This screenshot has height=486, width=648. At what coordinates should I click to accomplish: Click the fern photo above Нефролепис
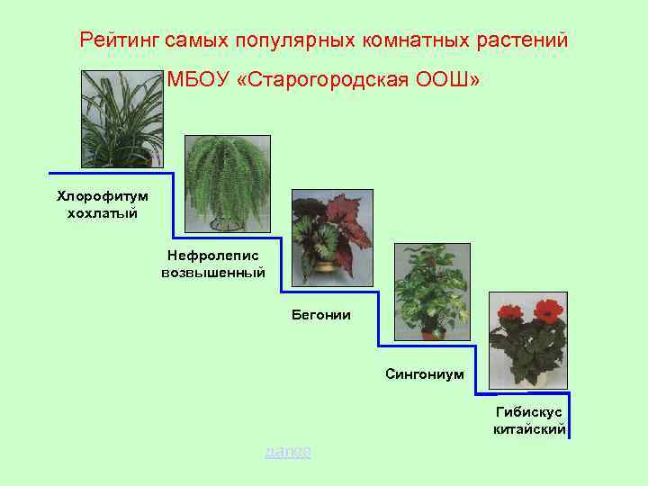pos(226,184)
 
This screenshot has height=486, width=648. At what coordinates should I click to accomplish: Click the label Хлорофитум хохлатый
pos(103,203)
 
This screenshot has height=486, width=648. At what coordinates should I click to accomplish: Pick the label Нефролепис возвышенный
pos(212,264)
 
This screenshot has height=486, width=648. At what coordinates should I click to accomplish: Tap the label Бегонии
pos(320,315)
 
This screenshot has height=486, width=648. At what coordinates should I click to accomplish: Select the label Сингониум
pos(425,373)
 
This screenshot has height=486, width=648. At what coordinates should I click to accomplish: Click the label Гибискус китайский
pos(529,420)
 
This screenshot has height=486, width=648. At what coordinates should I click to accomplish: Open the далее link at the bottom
pos(288,451)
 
